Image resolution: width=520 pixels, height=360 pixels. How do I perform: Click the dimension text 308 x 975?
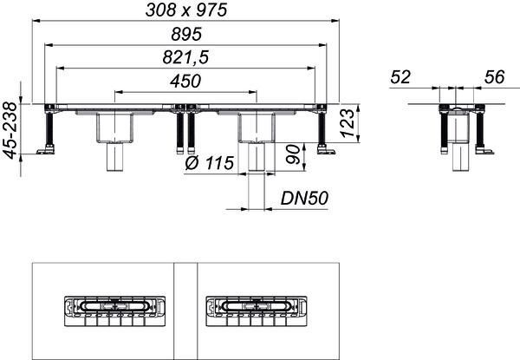point(186,10)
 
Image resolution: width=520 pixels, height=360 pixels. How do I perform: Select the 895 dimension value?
point(186,34)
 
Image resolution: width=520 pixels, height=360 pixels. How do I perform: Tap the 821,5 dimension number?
point(185,57)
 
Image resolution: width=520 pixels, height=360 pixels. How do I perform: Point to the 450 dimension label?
point(185,81)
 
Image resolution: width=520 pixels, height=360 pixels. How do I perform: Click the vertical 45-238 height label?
point(10,130)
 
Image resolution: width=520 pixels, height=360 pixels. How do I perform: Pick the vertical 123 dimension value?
point(348,123)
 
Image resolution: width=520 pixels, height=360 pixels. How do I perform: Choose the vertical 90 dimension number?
point(293,154)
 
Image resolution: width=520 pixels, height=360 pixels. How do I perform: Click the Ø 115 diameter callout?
point(210,163)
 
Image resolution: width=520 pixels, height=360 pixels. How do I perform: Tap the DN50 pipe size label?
point(304,199)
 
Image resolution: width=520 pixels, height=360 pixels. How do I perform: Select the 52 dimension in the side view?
point(400,77)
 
